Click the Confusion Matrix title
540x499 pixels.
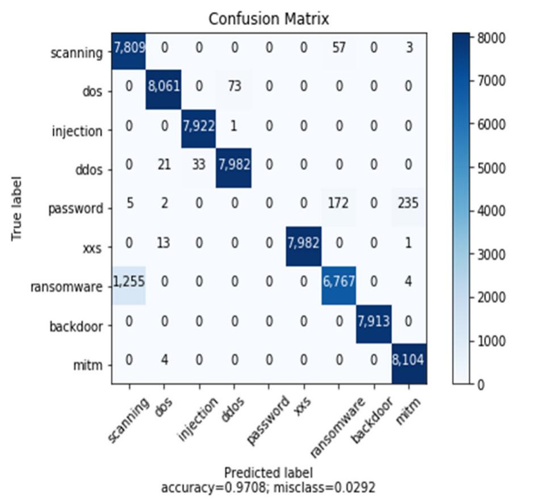269,19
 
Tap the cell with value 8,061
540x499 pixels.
164,87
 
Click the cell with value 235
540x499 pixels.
408,203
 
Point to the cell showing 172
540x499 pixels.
338,203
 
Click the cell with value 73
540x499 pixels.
233,87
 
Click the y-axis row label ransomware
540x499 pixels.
67,286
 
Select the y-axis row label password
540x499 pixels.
76,208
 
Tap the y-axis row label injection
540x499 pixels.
77,131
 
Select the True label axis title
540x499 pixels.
18,208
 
